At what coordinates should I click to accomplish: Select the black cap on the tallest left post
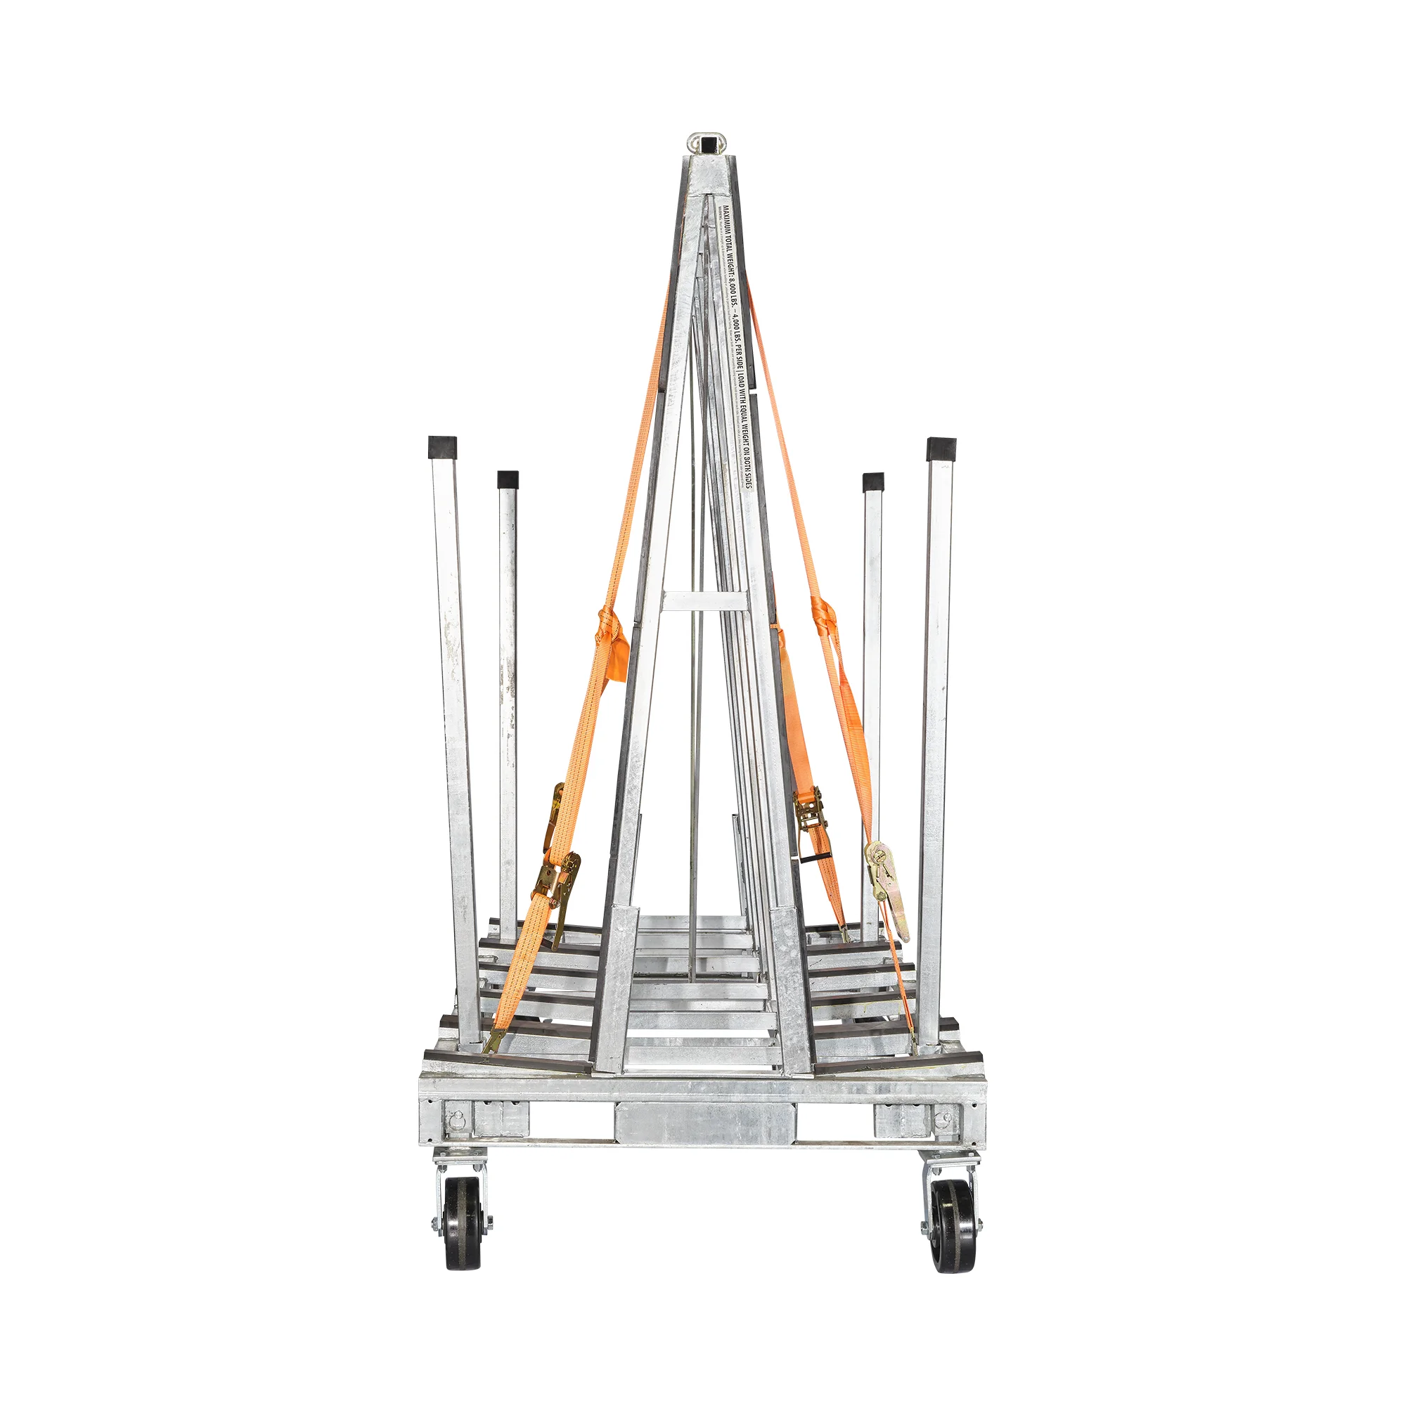442,447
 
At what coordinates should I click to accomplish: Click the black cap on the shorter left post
508,479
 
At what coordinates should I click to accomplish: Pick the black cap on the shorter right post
872,482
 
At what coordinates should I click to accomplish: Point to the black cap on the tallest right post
941,449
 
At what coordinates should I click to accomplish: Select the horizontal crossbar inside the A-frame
704,601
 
